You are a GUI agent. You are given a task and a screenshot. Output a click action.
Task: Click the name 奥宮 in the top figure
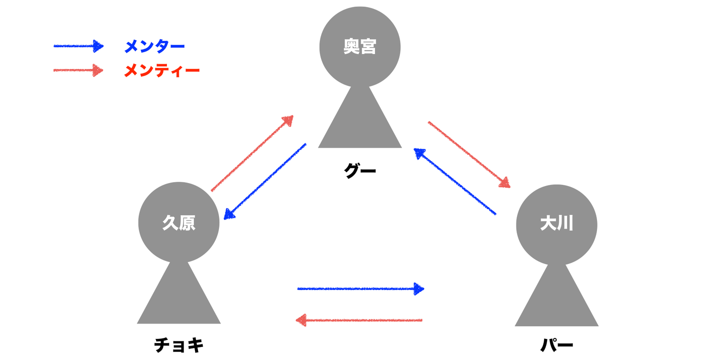pos(360,47)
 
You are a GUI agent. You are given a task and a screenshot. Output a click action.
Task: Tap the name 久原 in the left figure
pos(178,223)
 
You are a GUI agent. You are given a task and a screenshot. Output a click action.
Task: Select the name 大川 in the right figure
pos(556,223)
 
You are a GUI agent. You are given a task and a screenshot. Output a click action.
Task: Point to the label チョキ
pos(179,345)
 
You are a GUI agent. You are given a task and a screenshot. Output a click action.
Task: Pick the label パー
pos(556,345)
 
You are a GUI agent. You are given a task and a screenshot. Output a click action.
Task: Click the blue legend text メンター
pos(154,46)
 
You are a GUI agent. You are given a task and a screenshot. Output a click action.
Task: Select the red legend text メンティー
pos(161,70)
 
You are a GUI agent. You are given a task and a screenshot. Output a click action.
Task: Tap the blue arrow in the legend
pos(78,46)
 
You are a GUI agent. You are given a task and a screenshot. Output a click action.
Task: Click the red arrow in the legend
pos(78,70)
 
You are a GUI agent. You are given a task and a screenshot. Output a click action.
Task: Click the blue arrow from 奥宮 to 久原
pos(265,181)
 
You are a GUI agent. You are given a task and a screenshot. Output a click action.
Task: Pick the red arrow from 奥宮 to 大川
pos(469,154)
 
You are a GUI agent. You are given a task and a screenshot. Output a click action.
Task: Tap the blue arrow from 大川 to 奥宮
pos(454,181)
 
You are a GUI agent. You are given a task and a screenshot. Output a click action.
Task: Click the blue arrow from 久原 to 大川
pos(360,288)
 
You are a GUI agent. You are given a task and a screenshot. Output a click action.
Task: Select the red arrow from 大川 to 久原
pos(360,320)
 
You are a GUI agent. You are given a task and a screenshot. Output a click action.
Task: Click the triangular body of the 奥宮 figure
pos(360,125)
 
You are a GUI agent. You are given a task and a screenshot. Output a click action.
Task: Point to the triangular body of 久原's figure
pos(179,300)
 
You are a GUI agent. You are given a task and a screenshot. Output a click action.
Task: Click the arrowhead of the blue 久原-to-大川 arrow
pos(419,288)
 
